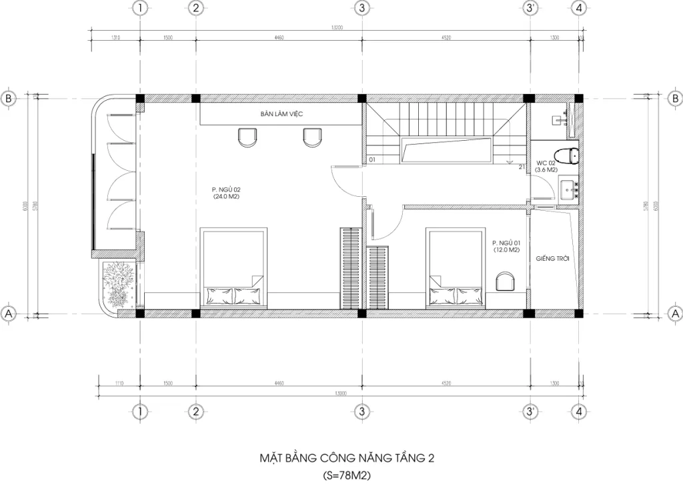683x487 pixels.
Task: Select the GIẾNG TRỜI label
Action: click(x=552, y=258)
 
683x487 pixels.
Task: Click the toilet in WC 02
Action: click(x=569, y=155)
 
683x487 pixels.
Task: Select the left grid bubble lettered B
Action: click(x=9, y=98)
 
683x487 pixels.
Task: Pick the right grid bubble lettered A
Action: click(x=674, y=313)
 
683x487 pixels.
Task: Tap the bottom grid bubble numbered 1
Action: click(x=139, y=411)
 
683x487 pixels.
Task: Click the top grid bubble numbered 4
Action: click(x=580, y=8)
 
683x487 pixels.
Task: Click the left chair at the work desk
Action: click(x=247, y=137)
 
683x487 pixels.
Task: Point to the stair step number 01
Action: click(x=372, y=160)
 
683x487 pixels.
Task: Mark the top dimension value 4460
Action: click(x=279, y=38)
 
